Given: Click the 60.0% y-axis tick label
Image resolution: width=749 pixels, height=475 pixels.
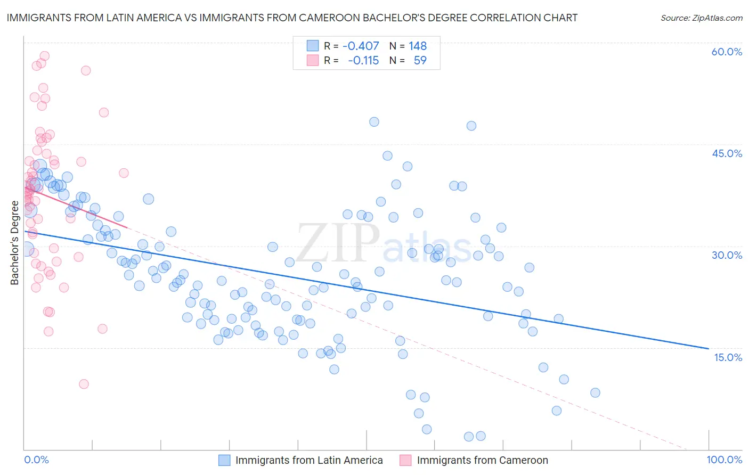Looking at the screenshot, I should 727,52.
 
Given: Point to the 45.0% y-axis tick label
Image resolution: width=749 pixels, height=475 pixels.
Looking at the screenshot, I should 727,153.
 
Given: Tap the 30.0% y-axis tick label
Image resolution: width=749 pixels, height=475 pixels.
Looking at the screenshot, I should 727,255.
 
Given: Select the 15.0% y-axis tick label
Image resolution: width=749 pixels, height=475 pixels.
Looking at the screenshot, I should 728,357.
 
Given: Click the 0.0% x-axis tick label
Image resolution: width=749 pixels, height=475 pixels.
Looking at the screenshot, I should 36,460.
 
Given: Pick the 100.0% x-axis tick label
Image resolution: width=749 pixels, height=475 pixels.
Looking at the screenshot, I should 724,460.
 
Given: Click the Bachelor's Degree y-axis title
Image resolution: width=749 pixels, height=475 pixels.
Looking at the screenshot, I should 14,243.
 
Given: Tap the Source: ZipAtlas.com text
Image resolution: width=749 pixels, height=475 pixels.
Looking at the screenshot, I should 701,18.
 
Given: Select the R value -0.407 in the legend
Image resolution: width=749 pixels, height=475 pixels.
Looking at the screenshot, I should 361,46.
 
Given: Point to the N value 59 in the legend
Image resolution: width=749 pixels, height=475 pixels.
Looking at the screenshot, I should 420,61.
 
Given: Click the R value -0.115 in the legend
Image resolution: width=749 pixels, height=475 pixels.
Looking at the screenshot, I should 363,61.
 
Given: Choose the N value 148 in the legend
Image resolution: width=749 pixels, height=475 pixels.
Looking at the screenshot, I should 418,46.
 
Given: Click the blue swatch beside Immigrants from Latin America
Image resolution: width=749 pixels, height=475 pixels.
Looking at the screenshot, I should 224,461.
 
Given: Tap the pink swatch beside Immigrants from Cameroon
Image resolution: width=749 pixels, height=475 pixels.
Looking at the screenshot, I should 406,461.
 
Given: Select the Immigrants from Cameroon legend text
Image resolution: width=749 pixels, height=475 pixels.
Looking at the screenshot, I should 482,461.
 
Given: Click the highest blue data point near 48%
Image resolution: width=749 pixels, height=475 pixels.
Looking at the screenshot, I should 374,122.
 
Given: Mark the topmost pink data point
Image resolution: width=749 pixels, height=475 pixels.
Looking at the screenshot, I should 45,56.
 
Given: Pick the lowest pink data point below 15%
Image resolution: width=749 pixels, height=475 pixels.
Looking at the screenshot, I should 84,384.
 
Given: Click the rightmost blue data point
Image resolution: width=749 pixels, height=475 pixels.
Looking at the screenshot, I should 595,393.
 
